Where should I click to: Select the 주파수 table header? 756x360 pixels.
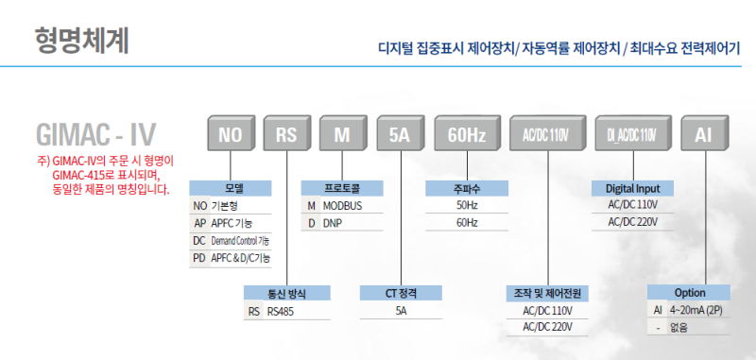coord(467,188)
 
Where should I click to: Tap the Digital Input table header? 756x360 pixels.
coord(632,188)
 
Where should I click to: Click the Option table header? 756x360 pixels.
coord(690,293)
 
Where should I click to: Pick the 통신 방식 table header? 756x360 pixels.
coord(287,293)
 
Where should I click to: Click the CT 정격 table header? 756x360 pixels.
coord(401,293)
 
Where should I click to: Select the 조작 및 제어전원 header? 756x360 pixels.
coord(547,293)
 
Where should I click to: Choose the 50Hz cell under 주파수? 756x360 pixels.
coord(467,205)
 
